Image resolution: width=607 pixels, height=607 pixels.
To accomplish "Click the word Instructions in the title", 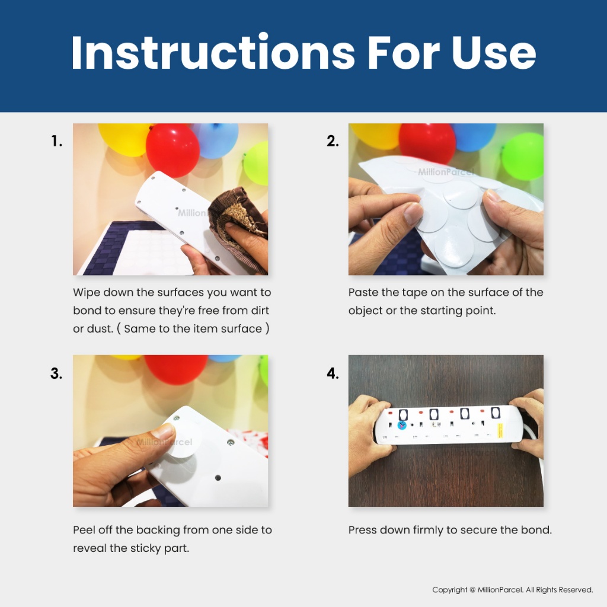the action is (x=213, y=52).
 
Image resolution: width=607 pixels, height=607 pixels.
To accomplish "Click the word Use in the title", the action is (x=493, y=53).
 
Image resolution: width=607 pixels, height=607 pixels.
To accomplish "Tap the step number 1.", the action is (x=56, y=141).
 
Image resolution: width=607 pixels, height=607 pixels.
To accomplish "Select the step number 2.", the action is (x=333, y=141).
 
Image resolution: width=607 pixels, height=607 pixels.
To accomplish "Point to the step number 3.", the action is (x=56, y=373).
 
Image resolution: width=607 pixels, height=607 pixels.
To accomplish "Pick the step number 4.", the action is (x=333, y=373).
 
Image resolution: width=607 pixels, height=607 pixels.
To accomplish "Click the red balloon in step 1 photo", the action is (x=172, y=150).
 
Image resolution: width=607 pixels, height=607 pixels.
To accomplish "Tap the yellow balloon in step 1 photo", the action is (x=124, y=139).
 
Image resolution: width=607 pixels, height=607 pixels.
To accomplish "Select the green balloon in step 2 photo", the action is (x=523, y=156).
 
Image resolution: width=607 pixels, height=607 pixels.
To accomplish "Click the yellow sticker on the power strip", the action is (x=500, y=431).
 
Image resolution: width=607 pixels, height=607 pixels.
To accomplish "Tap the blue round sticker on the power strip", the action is (x=402, y=426).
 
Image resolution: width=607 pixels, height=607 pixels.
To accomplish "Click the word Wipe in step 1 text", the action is (x=87, y=292).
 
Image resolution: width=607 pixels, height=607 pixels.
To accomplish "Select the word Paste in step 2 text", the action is (x=363, y=292).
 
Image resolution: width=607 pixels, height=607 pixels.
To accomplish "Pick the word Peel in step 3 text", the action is (x=84, y=529).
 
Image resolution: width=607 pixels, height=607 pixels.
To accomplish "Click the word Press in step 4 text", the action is (x=363, y=529).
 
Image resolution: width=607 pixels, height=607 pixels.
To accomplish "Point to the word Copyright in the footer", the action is (x=449, y=590).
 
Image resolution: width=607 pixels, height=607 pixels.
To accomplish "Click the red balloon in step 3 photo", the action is (x=176, y=369).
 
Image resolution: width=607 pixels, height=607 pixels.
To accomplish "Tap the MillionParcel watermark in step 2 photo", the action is (x=446, y=172).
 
